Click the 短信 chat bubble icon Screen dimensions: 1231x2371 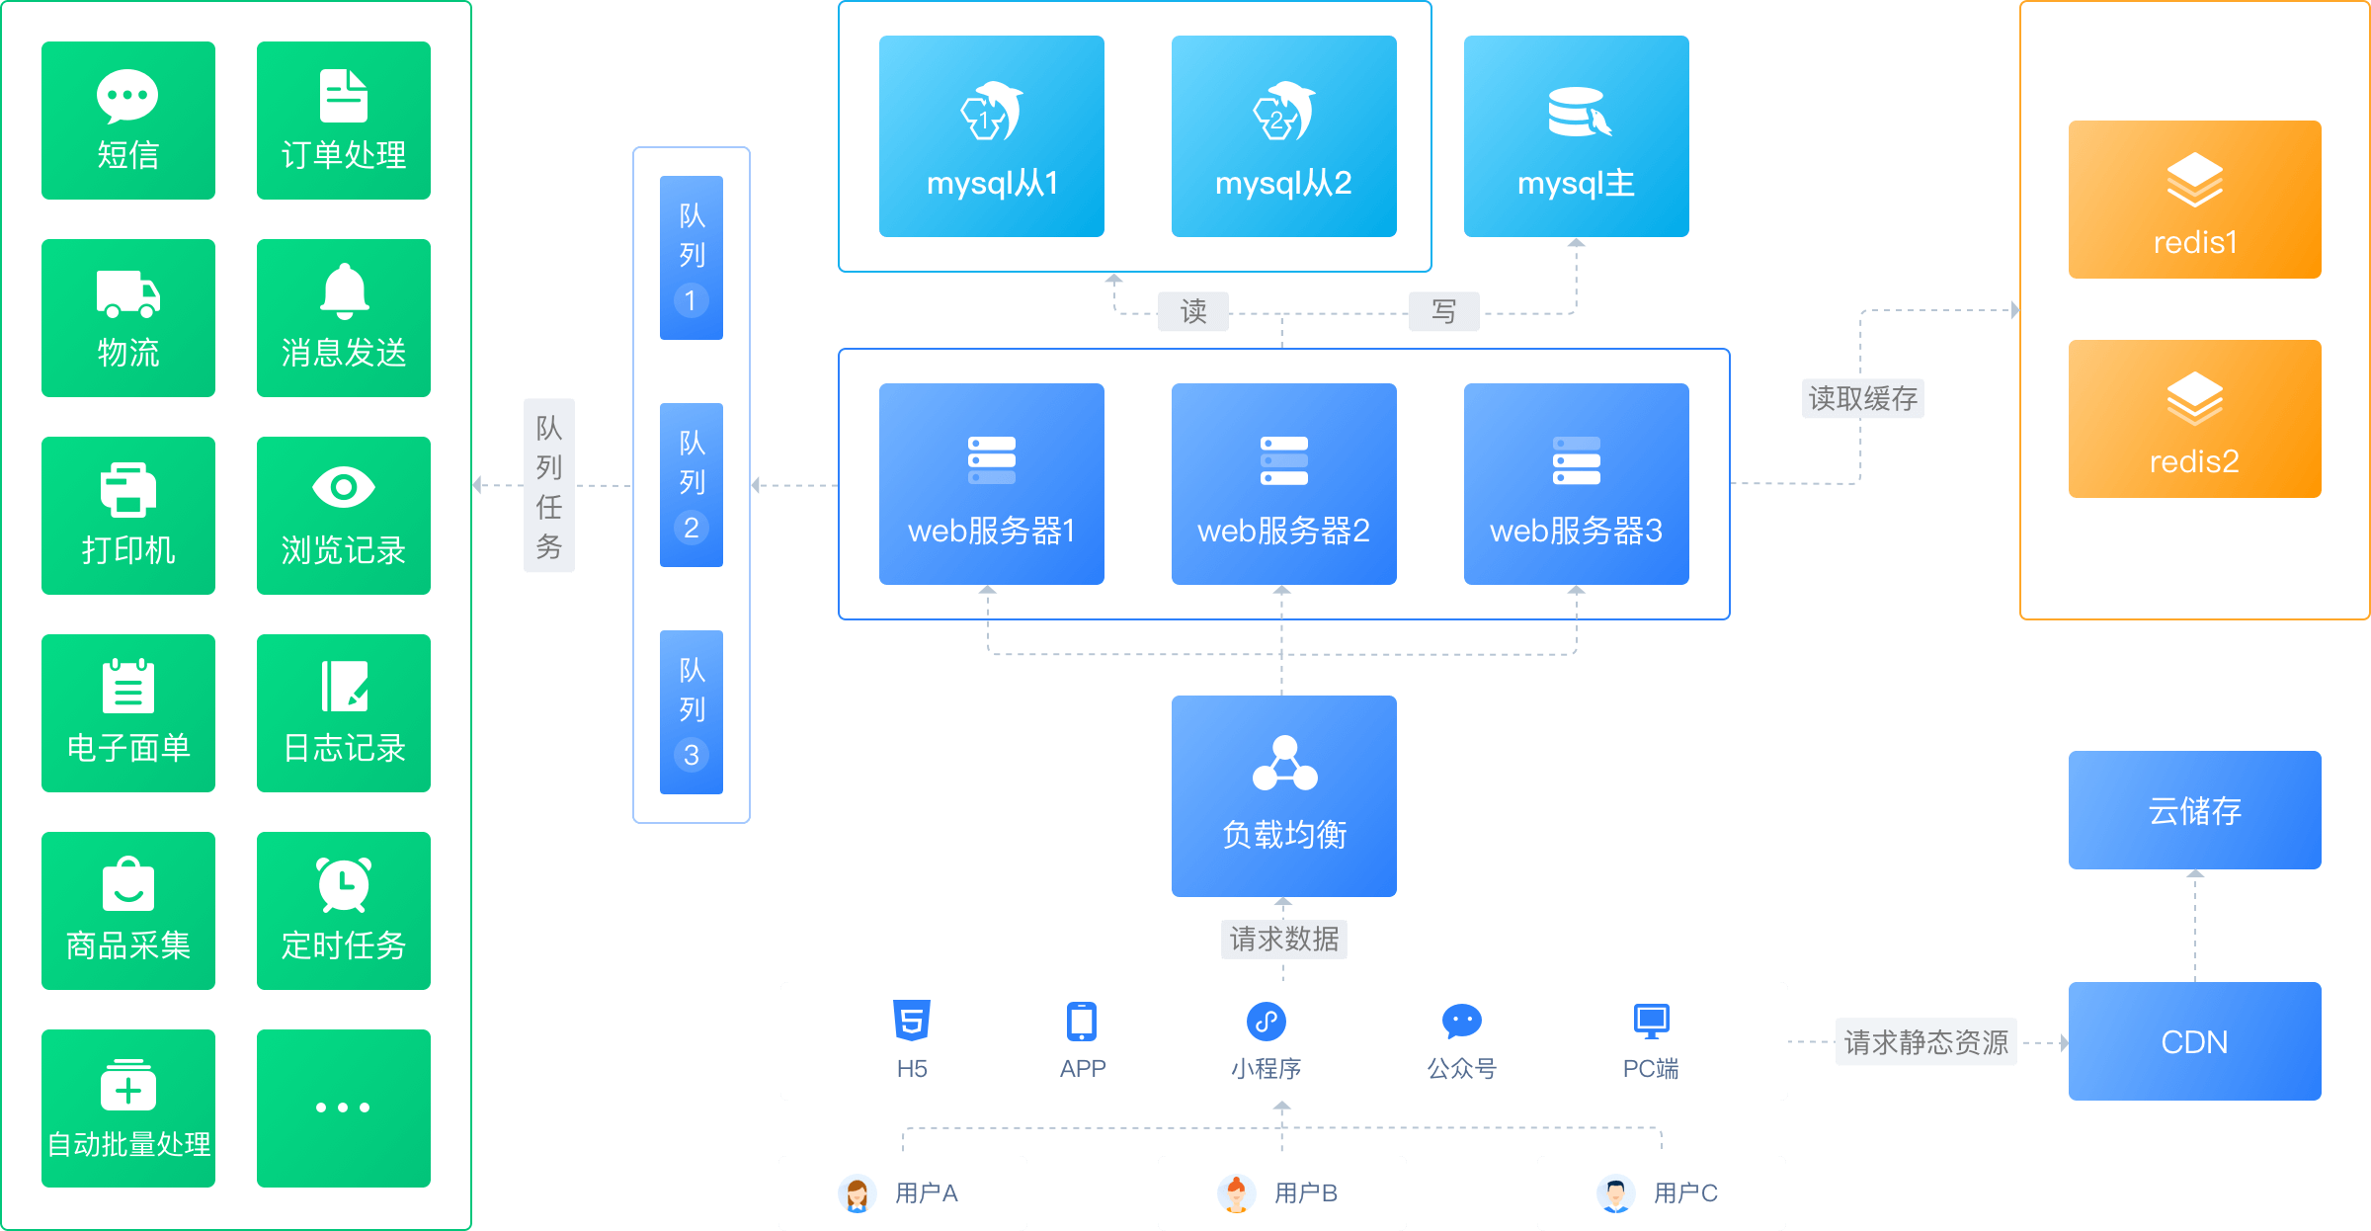tap(127, 96)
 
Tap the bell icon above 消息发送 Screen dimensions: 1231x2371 tap(344, 291)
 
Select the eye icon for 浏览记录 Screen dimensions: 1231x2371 tap(344, 487)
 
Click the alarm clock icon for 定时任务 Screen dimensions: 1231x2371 tap(344, 884)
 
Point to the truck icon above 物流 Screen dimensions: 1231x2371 tap(127, 294)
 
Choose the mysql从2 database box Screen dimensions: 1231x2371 tap(1283, 136)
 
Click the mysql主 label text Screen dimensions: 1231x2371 tap(1576, 184)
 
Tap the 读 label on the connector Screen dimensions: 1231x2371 tap(1193, 312)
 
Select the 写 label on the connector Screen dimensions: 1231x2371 tap(1443, 312)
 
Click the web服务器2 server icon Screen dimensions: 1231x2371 tap(1283, 461)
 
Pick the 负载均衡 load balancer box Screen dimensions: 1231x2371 tap(1283, 795)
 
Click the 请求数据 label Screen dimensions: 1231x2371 tap(1283, 939)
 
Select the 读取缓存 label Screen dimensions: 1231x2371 tap(1862, 399)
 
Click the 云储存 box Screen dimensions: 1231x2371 tap(2194, 810)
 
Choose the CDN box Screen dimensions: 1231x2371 tap(2194, 1041)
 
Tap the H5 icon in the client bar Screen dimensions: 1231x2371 tap(911, 1021)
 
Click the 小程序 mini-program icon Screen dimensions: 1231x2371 tap(1266, 1021)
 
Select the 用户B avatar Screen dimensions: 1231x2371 tap(1236, 1193)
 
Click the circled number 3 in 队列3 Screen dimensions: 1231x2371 tap(692, 755)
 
